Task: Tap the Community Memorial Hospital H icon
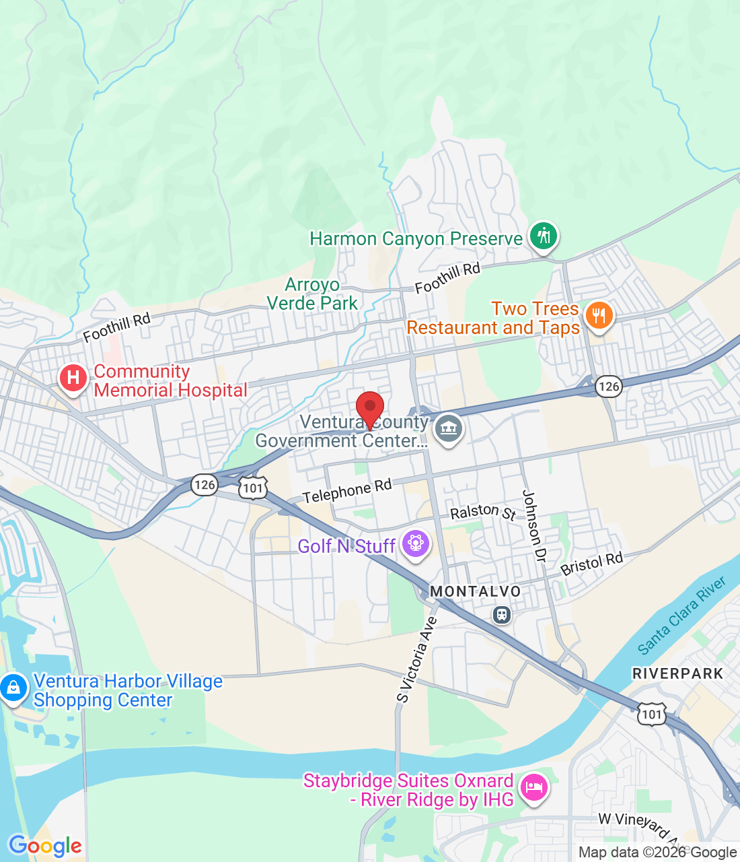[x=73, y=378]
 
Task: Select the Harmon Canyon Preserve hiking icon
[x=543, y=236]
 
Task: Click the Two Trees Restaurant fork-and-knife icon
[x=598, y=315]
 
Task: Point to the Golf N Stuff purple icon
[x=415, y=543]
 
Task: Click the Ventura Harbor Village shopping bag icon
[x=13, y=688]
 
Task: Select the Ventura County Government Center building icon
[x=448, y=428]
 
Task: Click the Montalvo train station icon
[x=501, y=614]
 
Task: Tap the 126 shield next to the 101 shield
[x=204, y=484]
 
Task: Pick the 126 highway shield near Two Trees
[x=608, y=386]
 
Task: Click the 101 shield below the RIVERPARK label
[x=651, y=715]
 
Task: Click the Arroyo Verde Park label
[x=312, y=294]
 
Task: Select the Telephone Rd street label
[x=346, y=492]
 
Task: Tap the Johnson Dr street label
[x=534, y=526]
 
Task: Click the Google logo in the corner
[x=45, y=846]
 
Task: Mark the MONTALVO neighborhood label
[x=475, y=591]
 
